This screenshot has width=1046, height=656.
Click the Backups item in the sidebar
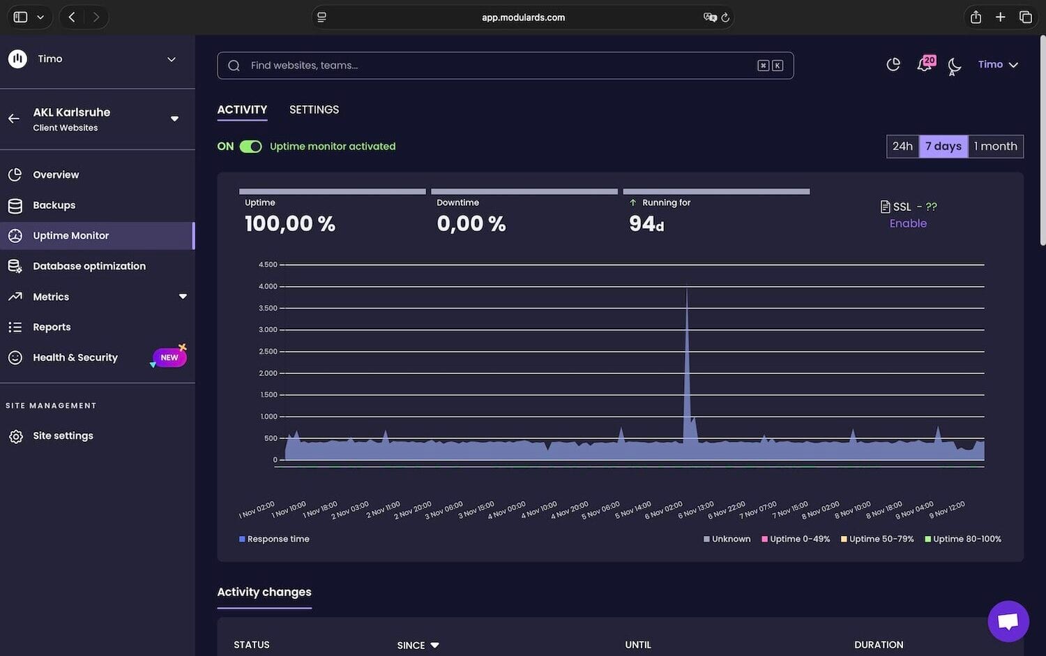[x=54, y=205]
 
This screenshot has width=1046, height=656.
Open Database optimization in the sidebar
[x=89, y=266]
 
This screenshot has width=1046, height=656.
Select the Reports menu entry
[x=52, y=327]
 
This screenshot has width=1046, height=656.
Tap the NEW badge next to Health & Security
[x=169, y=357]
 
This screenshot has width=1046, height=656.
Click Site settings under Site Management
[x=63, y=435]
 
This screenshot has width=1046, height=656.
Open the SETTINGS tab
[x=314, y=110]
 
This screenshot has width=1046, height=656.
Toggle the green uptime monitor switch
[x=250, y=147]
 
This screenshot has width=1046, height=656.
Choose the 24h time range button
[x=902, y=147]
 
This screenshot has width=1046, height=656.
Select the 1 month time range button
[x=995, y=147]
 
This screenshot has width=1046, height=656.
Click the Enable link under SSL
[x=908, y=223]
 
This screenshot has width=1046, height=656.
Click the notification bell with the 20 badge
[x=925, y=64]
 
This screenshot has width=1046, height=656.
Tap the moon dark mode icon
[x=955, y=66]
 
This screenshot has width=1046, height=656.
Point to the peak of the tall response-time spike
[x=687, y=288]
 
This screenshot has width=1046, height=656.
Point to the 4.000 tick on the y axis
[x=268, y=286]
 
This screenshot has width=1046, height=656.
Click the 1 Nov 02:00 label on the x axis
[x=257, y=510]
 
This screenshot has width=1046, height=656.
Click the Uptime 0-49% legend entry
[x=796, y=539]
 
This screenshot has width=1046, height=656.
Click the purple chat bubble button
[x=1008, y=620]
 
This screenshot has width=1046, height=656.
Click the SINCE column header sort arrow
[x=435, y=645]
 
